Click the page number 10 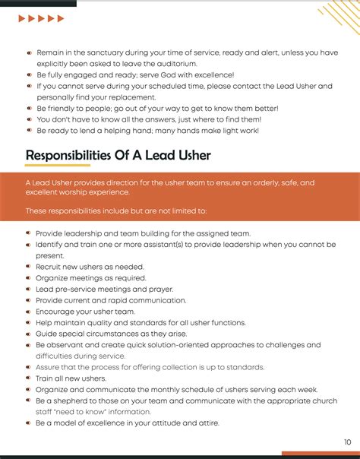pyautogui.click(x=346, y=442)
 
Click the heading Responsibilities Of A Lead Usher pyautogui.click(x=118, y=155)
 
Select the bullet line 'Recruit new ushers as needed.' pyautogui.click(x=90, y=267)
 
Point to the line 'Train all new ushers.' pyautogui.click(x=71, y=378)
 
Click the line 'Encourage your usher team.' pyautogui.click(x=85, y=312)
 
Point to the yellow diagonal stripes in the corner pyautogui.click(x=339, y=17)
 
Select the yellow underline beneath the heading pyautogui.click(x=58, y=166)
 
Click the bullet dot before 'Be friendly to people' pyautogui.click(x=29, y=109)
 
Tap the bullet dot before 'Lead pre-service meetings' pyautogui.click(x=29, y=290)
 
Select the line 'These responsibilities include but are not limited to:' pyautogui.click(x=115, y=211)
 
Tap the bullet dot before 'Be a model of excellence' pyautogui.click(x=29, y=423)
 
